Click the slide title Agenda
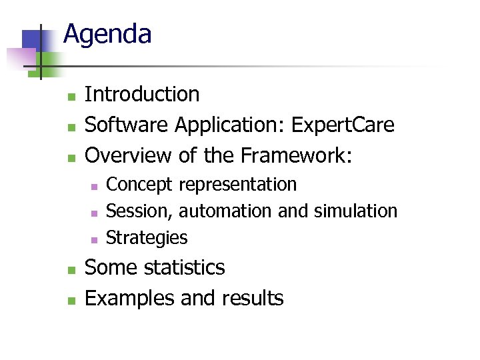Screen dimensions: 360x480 tap(107, 34)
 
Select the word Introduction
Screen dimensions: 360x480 tap(142, 95)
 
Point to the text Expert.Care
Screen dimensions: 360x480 tap(344, 125)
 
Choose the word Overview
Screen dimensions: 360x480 tap(129, 155)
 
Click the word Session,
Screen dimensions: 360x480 tap(141, 211)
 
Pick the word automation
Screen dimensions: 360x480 tap(226, 211)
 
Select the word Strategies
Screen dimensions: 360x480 tap(147, 238)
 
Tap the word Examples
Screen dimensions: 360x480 tap(130, 298)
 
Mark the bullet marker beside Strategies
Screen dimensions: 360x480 tap(95, 239)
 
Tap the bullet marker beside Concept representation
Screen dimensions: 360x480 tap(95, 186)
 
